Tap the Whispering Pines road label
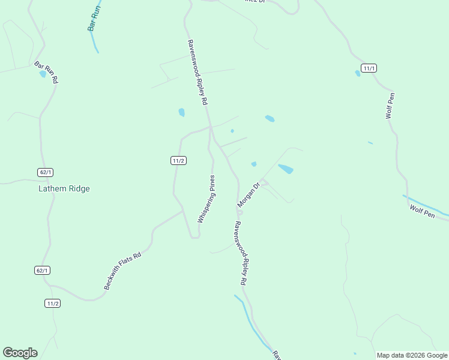pos(206,200)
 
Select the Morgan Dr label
pos(248,195)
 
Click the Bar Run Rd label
pos(46,72)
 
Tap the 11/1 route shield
pos(369,68)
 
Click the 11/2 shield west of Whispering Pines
pos(178,160)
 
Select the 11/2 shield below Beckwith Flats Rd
pos(52,303)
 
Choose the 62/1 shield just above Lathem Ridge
pos(45,172)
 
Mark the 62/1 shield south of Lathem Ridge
pos(41,271)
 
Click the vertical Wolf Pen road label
pos(390,105)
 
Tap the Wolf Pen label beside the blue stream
pos(422,211)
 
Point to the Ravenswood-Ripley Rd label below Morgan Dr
pos(240,253)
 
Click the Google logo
pos(20,353)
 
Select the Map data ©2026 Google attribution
pos(412,355)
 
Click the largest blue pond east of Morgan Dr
pos(286,169)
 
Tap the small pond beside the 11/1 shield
pos(358,73)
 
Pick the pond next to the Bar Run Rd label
pos(42,74)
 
